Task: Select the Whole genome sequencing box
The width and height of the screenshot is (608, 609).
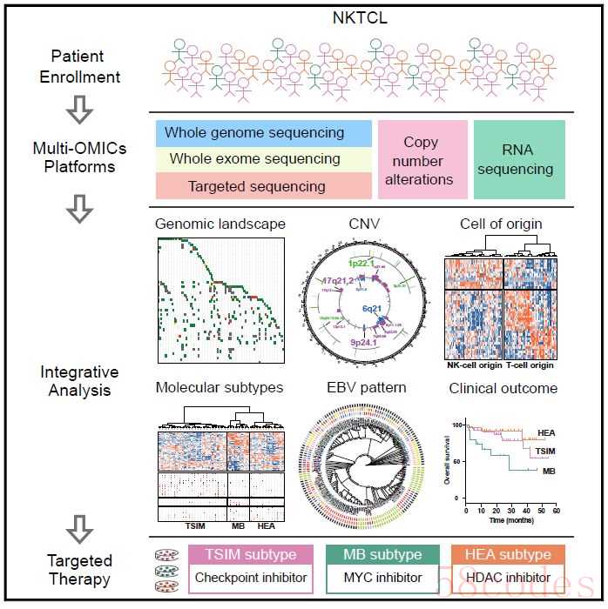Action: pyautogui.click(x=264, y=133)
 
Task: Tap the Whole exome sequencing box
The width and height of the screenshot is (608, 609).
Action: pyautogui.click(x=264, y=159)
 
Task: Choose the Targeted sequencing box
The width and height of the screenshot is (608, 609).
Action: pyautogui.click(x=264, y=185)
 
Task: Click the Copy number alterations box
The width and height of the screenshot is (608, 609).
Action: pyautogui.click(x=421, y=160)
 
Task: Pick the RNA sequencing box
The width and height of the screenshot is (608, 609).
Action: pyautogui.click(x=519, y=160)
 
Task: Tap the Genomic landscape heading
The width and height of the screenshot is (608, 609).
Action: pyautogui.click(x=220, y=224)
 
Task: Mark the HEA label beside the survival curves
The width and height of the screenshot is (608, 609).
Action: pyautogui.click(x=548, y=432)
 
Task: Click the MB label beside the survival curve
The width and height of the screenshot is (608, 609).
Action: pyautogui.click(x=549, y=471)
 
